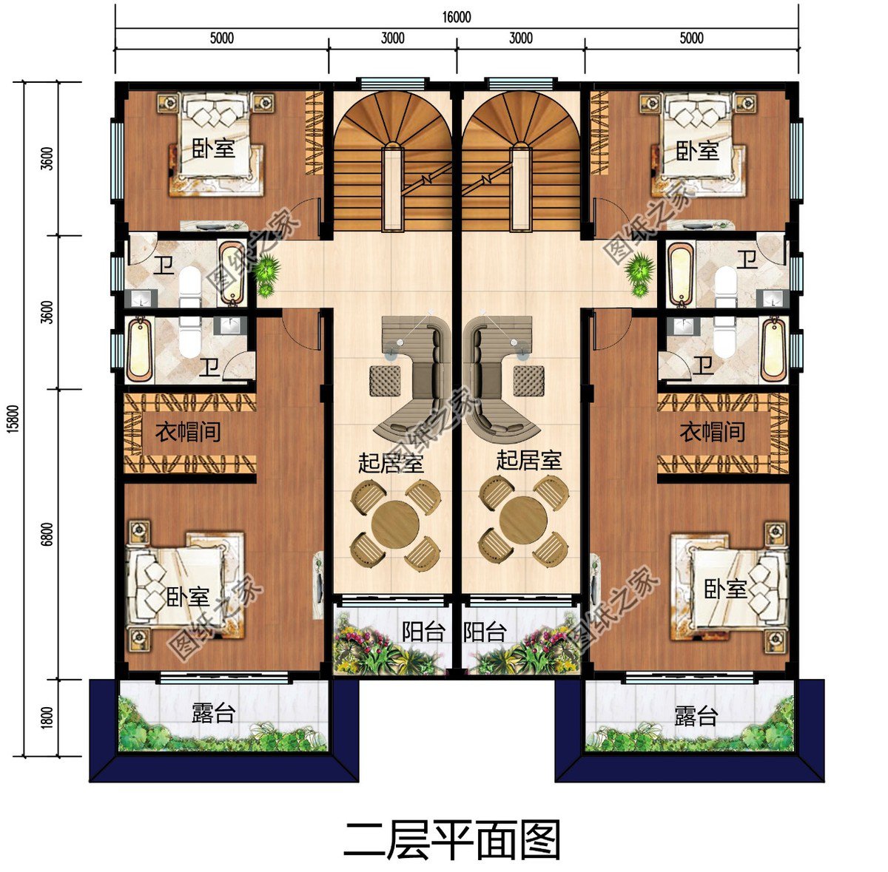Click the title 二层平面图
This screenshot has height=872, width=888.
coord(452,839)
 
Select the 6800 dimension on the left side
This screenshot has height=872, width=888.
coord(47,534)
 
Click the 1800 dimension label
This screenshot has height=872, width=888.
coord(47,717)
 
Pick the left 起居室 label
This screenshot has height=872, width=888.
coord(391,464)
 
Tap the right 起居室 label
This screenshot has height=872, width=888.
coord(528,461)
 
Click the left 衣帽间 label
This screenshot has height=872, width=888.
coord(188,432)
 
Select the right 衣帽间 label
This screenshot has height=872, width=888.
coord(712,432)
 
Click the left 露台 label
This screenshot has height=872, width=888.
coord(213,713)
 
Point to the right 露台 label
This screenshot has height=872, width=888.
coord(696,716)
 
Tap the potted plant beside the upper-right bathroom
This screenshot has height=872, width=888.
coord(638,270)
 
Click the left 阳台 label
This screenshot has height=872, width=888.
coord(423,632)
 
